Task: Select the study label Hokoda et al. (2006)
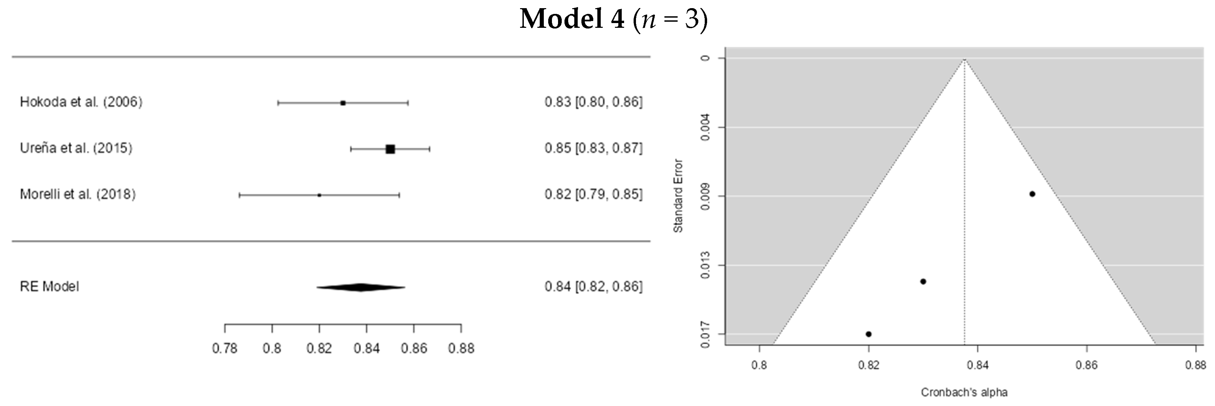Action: point(81,102)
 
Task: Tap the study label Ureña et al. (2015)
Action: point(76,148)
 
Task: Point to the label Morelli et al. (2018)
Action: point(78,194)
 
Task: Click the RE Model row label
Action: point(49,287)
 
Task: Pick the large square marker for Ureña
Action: point(390,149)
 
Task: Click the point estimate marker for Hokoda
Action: point(343,103)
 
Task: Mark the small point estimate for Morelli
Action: point(319,195)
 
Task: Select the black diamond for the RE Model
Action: point(361,287)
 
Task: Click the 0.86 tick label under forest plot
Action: point(414,348)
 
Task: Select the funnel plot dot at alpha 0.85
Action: point(1032,194)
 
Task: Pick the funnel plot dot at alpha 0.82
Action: point(868,334)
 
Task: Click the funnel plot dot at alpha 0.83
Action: point(923,282)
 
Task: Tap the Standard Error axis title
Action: point(678,196)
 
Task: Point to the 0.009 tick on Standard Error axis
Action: point(705,196)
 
